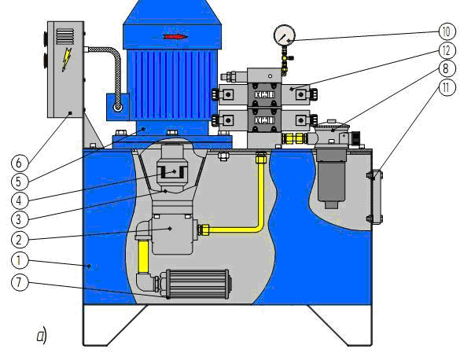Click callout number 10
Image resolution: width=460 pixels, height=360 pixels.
click(447, 31)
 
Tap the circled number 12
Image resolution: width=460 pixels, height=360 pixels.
click(447, 50)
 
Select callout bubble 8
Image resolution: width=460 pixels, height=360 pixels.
click(447, 69)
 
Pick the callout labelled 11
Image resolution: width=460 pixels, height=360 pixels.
click(447, 88)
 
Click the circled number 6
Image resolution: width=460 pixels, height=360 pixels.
click(20, 163)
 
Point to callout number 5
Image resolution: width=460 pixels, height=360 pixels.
click(20, 182)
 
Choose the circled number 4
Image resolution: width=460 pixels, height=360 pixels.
click(20, 200)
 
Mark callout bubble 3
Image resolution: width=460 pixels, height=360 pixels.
click(20, 219)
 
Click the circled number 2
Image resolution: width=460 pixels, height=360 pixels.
click(20, 240)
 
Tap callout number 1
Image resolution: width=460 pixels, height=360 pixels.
click(20, 260)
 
